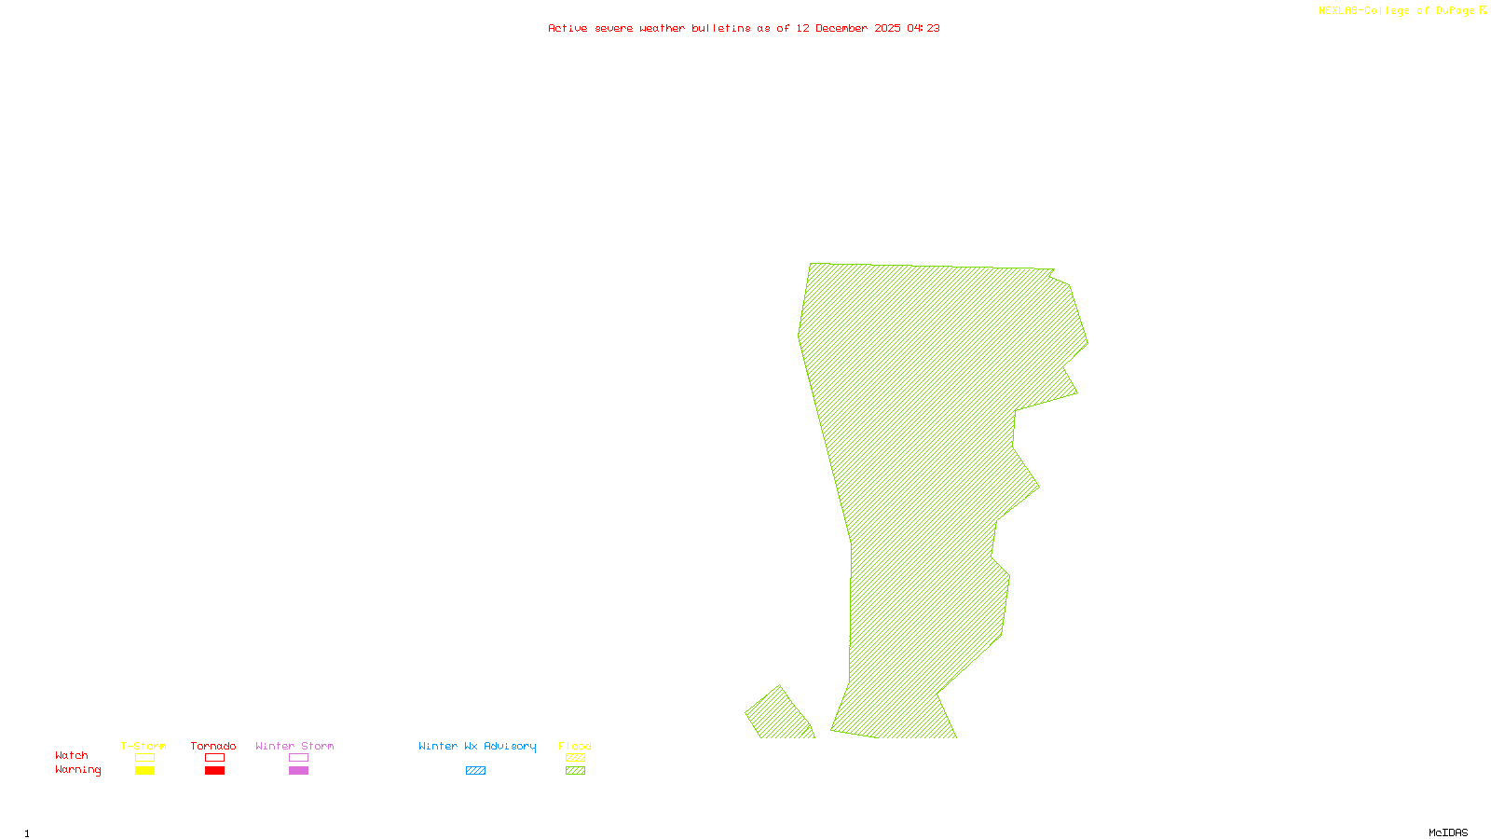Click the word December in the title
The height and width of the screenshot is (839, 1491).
(841, 28)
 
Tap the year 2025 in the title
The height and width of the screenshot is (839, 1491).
(887, 28)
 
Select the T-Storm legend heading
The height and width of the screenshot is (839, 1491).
(144, 746)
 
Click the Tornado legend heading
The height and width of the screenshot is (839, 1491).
(213, 746)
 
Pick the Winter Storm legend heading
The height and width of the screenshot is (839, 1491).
(294, 746)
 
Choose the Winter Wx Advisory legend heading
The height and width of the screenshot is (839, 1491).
(477, 746)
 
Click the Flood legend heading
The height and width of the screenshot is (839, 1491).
(575, 746)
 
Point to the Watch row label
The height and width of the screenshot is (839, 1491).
(72, 755)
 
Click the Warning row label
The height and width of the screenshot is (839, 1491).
(77, 770)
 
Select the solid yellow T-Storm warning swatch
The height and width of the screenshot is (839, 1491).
(144, 771)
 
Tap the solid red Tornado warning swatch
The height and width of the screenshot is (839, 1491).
(215, 771)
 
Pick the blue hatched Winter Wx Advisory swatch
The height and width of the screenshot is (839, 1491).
(475, 771)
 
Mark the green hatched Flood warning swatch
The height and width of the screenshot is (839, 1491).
(576, 771)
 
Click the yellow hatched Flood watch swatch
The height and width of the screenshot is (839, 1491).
(576, 758)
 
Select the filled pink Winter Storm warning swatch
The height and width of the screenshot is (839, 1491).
(298, 771)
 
